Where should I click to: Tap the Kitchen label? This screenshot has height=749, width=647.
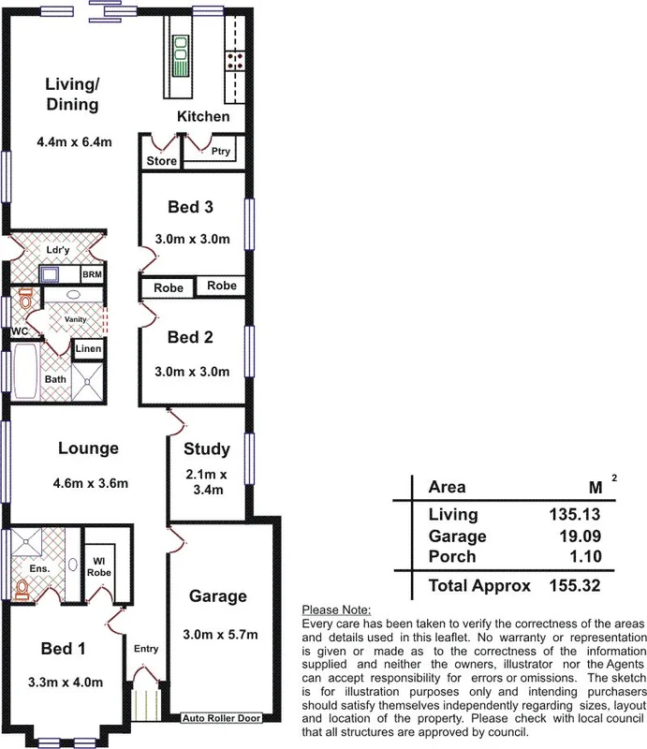coord(203,117)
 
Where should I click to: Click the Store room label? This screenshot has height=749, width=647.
coord(161,161)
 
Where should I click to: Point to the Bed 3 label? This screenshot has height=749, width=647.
coord(191,207)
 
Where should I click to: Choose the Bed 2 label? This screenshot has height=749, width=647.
coord(191,338)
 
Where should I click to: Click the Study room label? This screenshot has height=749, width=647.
coord(207,448)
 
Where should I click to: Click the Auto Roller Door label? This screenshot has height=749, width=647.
coord(221,719)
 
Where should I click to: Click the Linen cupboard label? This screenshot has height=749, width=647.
coord(88,349)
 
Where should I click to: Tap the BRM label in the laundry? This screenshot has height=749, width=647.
coord(93,275)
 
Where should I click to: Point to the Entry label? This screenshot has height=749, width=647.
coord(146,649)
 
